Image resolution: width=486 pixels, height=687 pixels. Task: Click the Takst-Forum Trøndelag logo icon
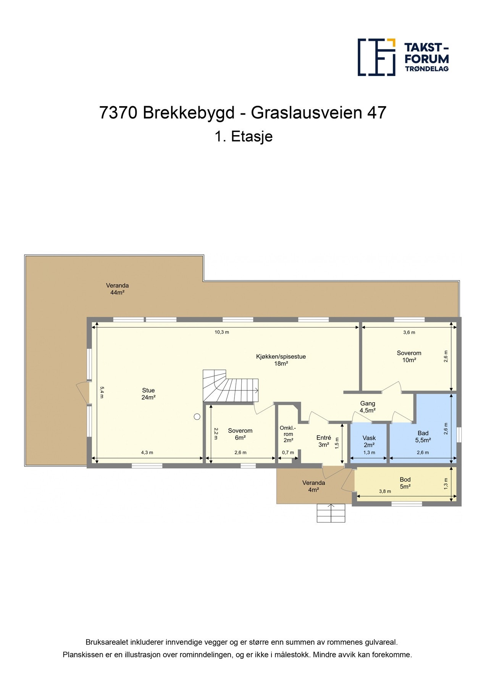point(376,57)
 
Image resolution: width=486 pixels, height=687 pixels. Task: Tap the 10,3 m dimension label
point(221,332)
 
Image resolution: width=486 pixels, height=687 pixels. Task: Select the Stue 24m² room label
point(149,394)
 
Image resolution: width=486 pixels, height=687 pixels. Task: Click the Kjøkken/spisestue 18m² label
point(281,360)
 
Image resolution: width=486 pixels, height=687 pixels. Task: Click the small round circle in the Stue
point(197,417)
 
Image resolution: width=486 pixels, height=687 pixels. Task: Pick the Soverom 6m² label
point(240,434)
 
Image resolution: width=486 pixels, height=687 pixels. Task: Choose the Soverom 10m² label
point(409,356)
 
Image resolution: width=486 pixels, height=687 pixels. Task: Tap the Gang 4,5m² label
point(368,407)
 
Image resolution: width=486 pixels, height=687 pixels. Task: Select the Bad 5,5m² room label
point(423,437)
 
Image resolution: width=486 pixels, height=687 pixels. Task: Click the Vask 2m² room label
point(369,442)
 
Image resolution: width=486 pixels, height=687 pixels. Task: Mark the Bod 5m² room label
point(405,483)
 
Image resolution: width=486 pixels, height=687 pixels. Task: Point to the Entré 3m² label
point(324,442)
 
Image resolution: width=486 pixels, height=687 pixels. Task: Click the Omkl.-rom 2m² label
point(288,434)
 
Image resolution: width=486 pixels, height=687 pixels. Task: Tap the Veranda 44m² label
point(117,289)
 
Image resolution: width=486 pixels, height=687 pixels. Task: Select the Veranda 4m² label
point(313,486)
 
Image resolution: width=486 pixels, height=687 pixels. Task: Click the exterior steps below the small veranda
point(331,513)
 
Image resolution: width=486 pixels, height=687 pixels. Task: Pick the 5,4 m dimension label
point(102,392)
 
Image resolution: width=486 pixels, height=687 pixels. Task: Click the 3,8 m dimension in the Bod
point(385,492)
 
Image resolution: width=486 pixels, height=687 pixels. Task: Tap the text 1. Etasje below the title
point(243,137)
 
